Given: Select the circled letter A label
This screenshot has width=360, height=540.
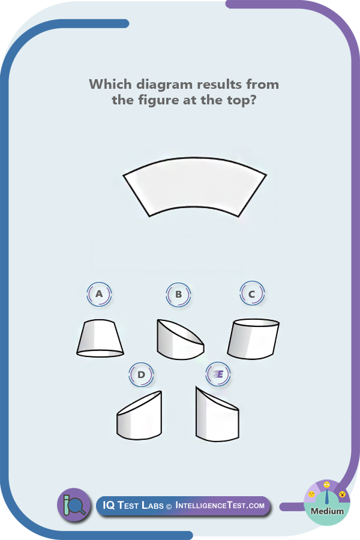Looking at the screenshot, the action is click(99, 295).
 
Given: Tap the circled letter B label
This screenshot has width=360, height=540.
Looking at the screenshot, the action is click(178, 295).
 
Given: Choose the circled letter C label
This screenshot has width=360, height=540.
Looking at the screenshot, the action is click(252, 294).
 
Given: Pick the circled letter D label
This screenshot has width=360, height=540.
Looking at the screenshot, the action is click(141, 374).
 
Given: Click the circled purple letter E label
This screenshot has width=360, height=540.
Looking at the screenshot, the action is click(218, 374).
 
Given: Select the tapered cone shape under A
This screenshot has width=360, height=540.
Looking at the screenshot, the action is click(100, 338).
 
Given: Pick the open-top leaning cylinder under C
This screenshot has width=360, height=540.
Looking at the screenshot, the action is click(253, 339).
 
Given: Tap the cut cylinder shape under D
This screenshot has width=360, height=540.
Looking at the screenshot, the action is click(139, 416).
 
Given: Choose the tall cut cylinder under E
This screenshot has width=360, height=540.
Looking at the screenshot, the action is click(217, 414).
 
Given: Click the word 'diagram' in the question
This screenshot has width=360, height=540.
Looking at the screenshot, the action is click(164, 85).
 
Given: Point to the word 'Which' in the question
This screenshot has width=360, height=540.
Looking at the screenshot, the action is click(110, 84).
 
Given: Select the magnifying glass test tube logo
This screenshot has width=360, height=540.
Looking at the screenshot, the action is click(74, 505).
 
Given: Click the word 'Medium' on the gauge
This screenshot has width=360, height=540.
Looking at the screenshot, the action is click(327, 511).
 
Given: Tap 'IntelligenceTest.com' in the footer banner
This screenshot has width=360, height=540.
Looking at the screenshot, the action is click(220, 505).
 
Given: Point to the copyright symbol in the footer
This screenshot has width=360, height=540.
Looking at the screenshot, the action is click(169, 506).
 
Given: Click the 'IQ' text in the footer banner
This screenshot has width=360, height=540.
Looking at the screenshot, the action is click(109, 505).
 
